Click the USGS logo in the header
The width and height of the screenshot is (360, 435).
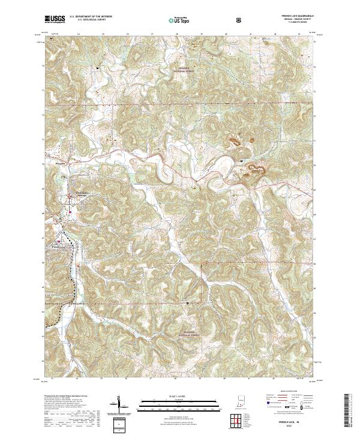pos(55,19)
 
